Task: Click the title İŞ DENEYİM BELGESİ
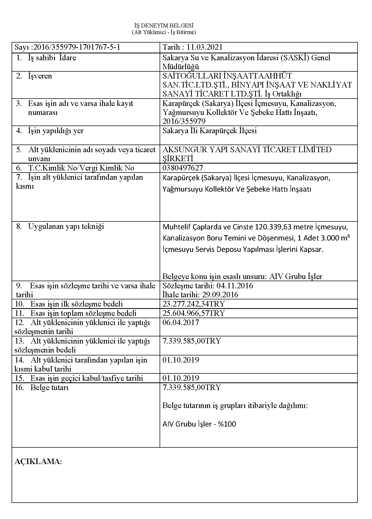click(x=164, y=26)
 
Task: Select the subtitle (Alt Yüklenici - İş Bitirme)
click(x=164, y=32)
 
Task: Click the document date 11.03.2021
click(x=204, y=47)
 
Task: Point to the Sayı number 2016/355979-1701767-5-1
click(x=77, y=47)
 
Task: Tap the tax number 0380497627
click(x=183, y=168)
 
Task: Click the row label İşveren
click(x=40, y=76)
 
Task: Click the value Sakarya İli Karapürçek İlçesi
click(x=209, y=131)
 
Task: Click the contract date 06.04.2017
click(x=181, y=322)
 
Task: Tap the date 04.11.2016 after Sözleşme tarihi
click(x=235, y=286)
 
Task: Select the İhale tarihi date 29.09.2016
click(x=220, y=295)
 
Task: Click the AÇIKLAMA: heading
click(x=38, y=461)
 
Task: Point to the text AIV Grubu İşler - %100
click(x=199, y=424)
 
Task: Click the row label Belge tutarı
click(x=49, y=388)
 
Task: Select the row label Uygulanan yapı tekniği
click(x=66, y=226)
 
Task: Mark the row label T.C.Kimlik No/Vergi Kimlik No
click(x=81, y=168)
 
